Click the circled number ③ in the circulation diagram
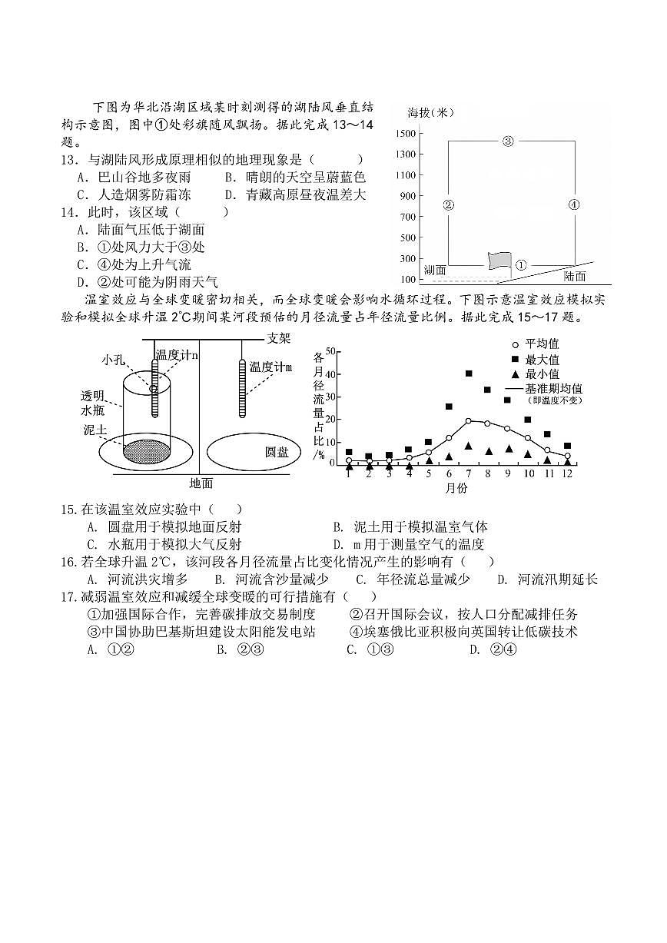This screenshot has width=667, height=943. coord(508,141)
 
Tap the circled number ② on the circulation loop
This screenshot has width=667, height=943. coord(449,204)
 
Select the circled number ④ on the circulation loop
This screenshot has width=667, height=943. coord(573,204)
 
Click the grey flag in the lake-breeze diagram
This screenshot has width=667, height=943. coord(499,261)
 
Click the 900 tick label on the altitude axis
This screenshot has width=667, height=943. coord(408,196)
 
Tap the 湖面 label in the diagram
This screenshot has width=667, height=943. coord(435,269)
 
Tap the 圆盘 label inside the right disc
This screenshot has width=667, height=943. coord(276,452)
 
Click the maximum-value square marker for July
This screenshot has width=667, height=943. coord(469,374)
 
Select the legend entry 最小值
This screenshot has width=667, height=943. coord(542,374)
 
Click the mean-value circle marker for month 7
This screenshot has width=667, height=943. coord(469,420)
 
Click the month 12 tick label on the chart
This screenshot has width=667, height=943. coord(567,474)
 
